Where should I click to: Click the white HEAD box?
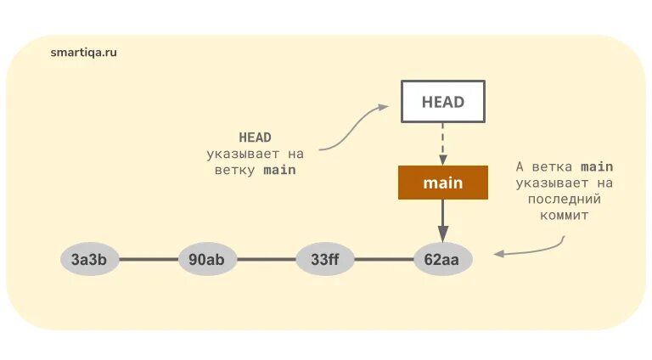click(442, 102)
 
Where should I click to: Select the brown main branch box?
click(442, 183)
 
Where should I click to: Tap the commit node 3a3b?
click(89, 259)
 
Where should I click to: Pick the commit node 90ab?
click(207, 259)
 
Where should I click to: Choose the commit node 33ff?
click(325, 259)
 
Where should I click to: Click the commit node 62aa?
click(442, 259)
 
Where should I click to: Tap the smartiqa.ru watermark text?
click(83, 52)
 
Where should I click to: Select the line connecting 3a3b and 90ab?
click(148, 259)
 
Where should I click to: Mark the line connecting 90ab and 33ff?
click(266, 259)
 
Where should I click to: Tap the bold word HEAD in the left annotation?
click(255, 138)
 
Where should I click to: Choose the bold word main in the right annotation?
click(597, 166)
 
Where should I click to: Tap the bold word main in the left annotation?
click(279, 170)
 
